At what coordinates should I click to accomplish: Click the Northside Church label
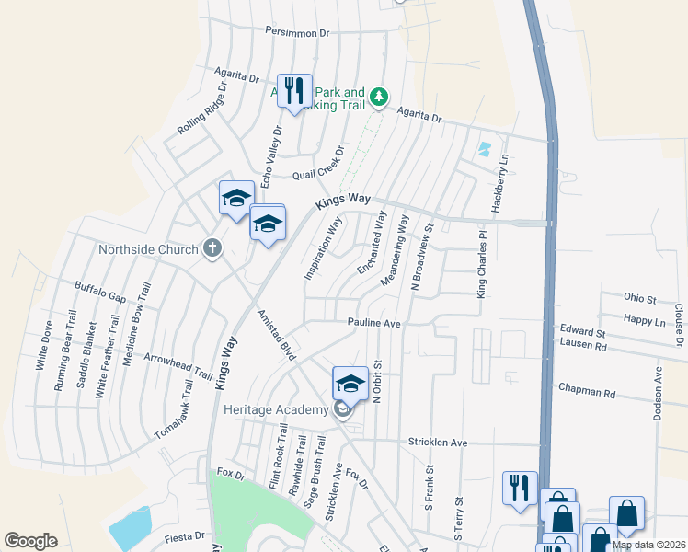(x=148, y=249)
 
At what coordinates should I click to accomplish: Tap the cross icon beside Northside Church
(x=212, y=248)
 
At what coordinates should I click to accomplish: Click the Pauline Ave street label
(x=374, y=324)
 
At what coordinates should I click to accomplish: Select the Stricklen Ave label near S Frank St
(x=438, y=443)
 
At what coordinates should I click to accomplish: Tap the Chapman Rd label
(x=587, y=392)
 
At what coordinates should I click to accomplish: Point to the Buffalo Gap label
(x=100, y=291)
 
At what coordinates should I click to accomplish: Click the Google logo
(x=31, y=541)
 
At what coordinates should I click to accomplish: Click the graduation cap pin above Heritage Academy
(x=350, y=384)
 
